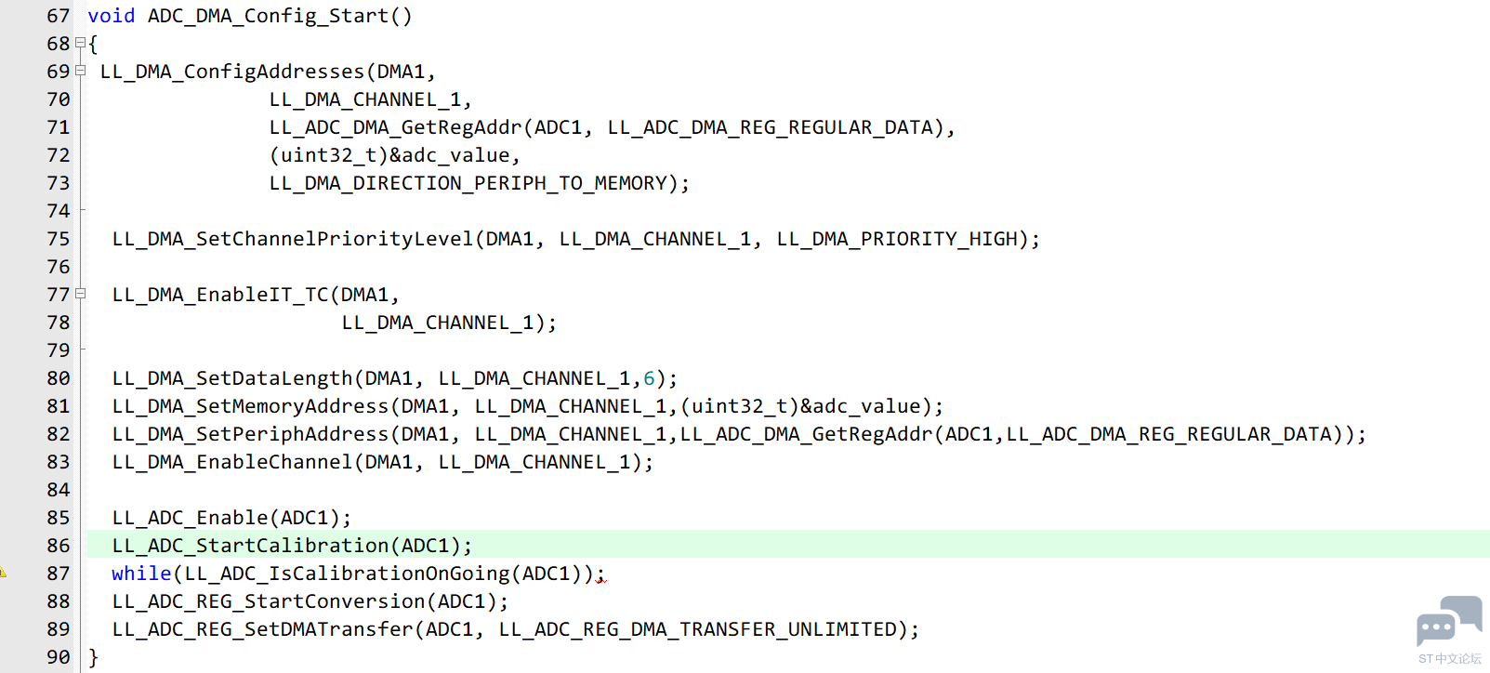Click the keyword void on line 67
111,16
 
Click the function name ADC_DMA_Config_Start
268,16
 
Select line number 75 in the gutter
58,239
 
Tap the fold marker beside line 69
81,71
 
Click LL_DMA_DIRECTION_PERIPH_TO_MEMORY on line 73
468,183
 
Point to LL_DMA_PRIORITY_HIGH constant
897,239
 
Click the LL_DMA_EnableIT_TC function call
220,295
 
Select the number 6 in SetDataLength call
649,378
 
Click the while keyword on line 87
141,574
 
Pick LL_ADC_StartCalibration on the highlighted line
250,546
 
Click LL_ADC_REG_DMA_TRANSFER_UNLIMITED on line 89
697,629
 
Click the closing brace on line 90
93,657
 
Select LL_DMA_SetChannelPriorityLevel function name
293,239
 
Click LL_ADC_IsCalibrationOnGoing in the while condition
347,574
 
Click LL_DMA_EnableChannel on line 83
232,462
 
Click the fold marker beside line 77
81,294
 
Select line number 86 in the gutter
58,546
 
